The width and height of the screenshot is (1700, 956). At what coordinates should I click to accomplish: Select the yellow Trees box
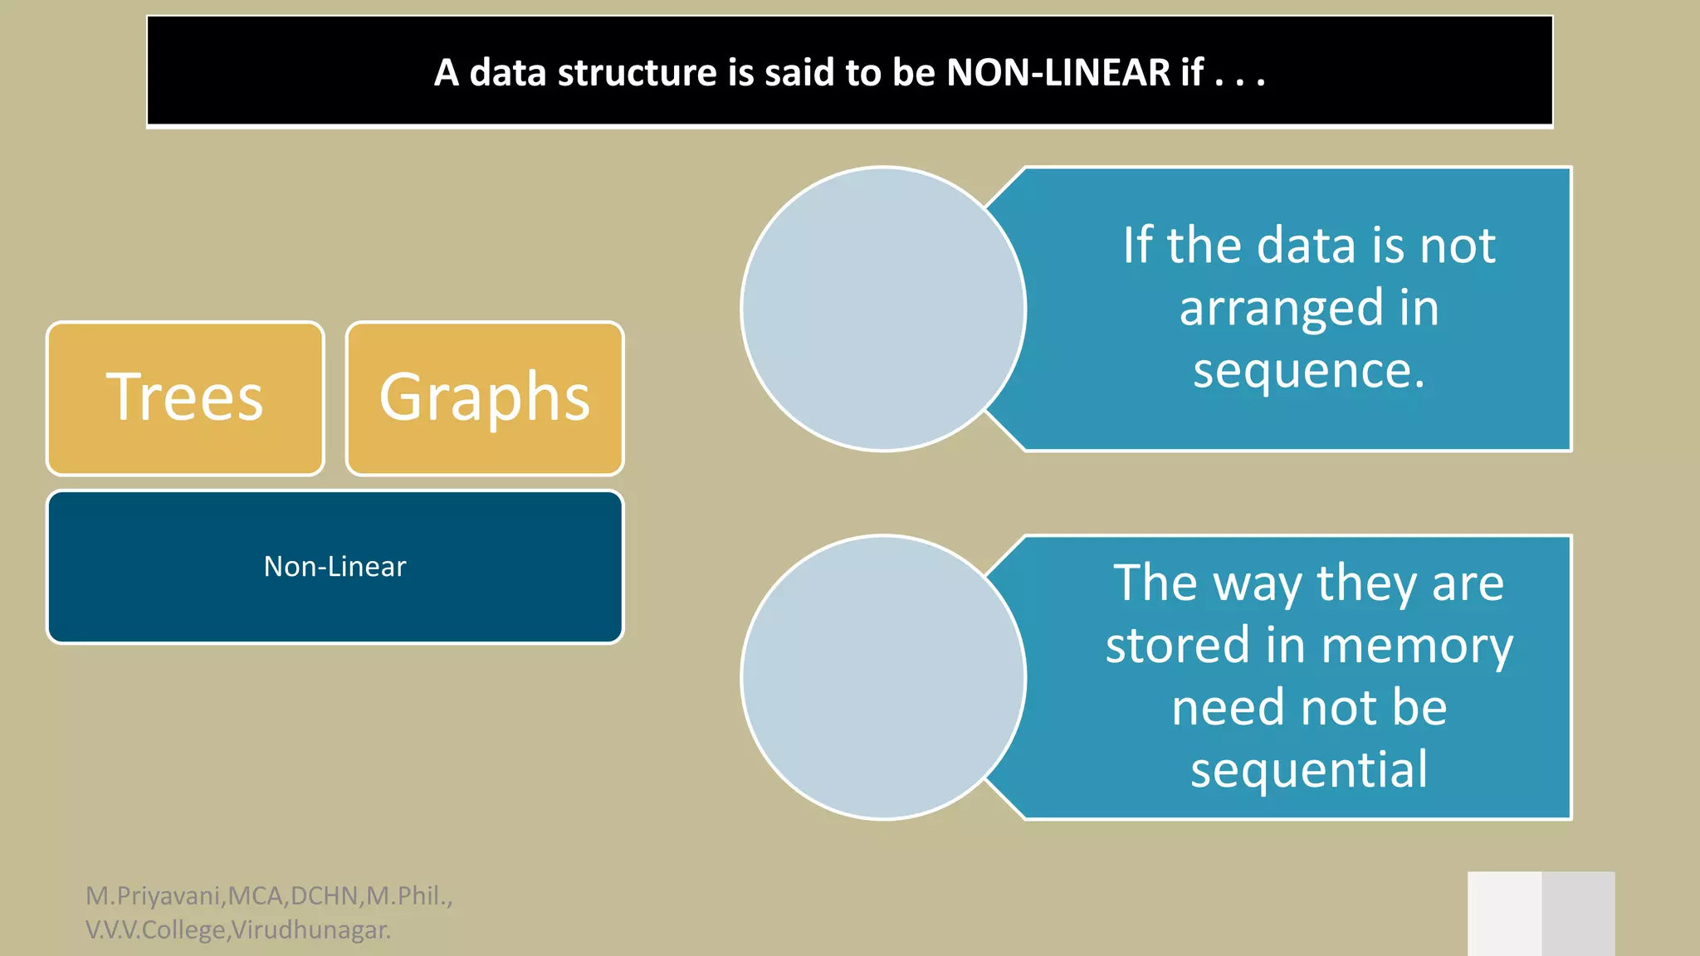[185, 398]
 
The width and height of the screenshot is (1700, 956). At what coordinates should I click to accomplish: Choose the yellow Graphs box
[485, 398]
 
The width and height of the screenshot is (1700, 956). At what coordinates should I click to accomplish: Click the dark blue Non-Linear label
[335, 567]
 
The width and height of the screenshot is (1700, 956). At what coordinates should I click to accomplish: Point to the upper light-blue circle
[883, 309]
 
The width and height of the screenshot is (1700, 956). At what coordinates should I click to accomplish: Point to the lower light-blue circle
[883, 677]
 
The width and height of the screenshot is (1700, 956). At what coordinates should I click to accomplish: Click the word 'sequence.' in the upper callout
[1309, 370]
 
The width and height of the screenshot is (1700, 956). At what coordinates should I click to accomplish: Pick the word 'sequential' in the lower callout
[1309, 769]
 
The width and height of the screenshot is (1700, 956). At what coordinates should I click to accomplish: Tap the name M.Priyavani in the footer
[154, 896]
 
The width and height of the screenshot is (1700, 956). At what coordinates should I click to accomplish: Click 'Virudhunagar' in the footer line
[310, 930]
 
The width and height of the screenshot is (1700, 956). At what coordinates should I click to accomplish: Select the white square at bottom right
[1504, 914]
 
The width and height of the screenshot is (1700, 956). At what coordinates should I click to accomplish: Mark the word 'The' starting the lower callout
[1154, 583]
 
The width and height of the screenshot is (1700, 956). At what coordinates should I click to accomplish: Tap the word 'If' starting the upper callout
[1137, 246]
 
